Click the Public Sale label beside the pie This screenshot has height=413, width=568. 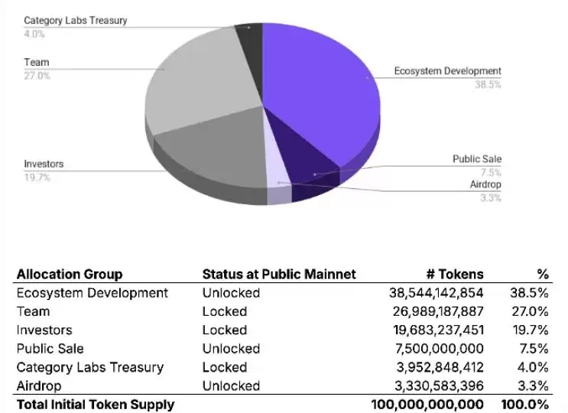click(x=477, y=159)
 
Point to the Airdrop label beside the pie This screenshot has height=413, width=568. click(x=485, y=184)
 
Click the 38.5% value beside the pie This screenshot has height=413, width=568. click(x=488, y=85)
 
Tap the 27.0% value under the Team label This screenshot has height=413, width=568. click(x=36, y=76)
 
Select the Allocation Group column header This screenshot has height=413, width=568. click(x=70, y=275)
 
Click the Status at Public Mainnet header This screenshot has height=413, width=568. click(x=279, y=275)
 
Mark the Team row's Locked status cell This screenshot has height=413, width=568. click(x=225, y=311)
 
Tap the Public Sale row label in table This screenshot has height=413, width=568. click(x=50, y=349)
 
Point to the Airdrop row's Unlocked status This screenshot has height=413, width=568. click(x=231, y=385)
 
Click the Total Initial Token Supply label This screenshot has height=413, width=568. click(x=96, y=404)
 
